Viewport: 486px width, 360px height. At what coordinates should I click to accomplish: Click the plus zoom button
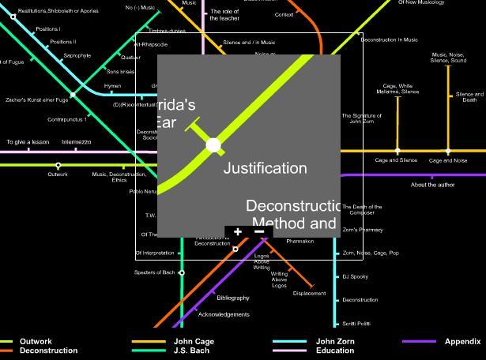coord(238,231)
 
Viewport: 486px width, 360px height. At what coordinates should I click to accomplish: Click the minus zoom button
coord(259,231)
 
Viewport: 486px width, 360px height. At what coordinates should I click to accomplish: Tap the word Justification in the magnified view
coord(265,168)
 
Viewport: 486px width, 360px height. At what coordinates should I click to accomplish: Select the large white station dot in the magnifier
coord(213,145)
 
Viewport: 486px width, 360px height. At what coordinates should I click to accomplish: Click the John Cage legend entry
coord(194,342)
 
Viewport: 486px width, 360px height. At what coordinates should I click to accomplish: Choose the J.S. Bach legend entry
coord(192,351)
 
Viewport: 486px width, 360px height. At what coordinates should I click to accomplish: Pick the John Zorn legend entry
coord(335,342)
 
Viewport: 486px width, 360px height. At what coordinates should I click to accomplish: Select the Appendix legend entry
coord(462,342)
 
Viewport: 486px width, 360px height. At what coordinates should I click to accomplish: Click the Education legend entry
coord(335,351)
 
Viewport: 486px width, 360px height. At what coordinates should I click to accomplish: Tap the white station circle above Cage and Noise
coord(448,151)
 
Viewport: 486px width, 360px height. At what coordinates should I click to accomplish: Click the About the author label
coord(433,185)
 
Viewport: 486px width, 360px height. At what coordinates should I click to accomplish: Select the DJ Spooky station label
coord(356,277)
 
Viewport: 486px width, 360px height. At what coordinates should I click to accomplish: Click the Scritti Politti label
coord(356,324)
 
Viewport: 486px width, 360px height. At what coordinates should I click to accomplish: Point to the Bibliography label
coord(233,298)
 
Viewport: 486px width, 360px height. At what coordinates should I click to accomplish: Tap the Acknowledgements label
coord(224,314)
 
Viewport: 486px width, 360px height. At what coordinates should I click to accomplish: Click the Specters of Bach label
coord(154,272)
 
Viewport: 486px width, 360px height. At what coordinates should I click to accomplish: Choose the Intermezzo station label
coord(76,142)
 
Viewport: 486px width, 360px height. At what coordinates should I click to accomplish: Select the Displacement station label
coord(309,294)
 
